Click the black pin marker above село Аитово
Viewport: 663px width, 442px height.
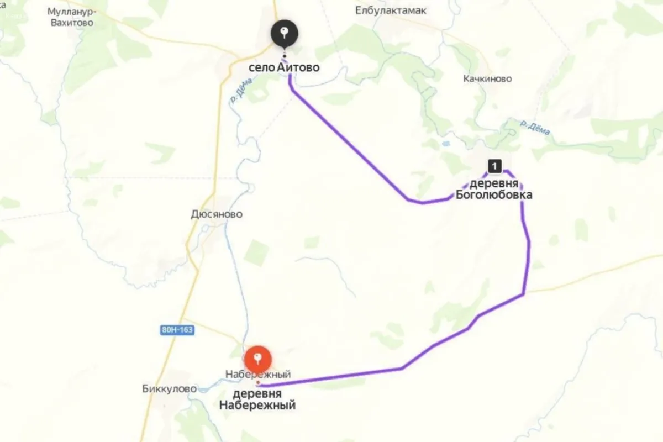[284, 34]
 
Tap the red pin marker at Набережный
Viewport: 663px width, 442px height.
[257, 359]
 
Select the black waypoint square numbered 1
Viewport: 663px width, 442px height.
[494, 165]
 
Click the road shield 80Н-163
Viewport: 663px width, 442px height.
[177, 330]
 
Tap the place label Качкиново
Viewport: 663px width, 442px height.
[487, 78]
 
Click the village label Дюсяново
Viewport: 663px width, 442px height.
[216, 214]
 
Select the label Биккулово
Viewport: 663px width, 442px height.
[169, 388]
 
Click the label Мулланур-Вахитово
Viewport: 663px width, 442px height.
[70, 17]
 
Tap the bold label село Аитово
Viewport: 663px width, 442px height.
[285, 67]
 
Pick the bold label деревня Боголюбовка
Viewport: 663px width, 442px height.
[494, 189]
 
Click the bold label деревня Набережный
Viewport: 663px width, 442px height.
[257, 399]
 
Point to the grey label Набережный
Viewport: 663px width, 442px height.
[258, 375]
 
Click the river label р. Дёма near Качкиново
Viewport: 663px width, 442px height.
[535, 128]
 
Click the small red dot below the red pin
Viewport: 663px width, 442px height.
[257, 382]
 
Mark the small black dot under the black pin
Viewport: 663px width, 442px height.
[284, 56]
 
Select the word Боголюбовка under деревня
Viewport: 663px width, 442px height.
[494, 194]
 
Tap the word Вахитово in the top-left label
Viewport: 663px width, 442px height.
[70, 23]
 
